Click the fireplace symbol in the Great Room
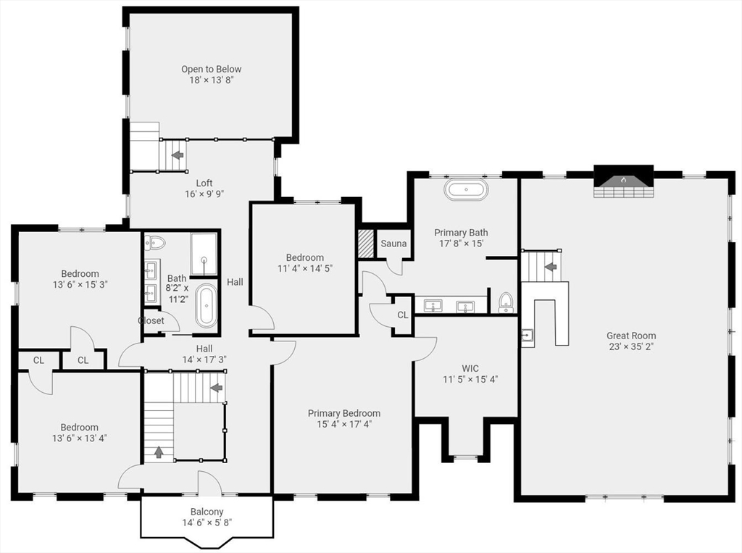(623, 181)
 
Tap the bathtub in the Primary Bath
(466, 189)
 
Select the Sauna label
(393, 244)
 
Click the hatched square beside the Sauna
(365, 244)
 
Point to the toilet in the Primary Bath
(506, 302)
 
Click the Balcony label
(207, 512)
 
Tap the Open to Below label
(211, 69)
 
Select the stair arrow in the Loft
(178, 155)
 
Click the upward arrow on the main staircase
(159, 452)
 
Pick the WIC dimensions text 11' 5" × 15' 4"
(470, 379)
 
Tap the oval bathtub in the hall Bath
(207, 306)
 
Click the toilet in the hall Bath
(155, 243)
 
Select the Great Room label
(631, 336)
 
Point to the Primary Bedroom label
(344, 413)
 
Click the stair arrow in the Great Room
(551, 267)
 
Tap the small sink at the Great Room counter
(528, 336)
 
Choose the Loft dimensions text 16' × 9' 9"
(204, 194)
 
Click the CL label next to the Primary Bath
(403, 315)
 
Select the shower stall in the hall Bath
(204, 254)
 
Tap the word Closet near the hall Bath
(151, 320)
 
